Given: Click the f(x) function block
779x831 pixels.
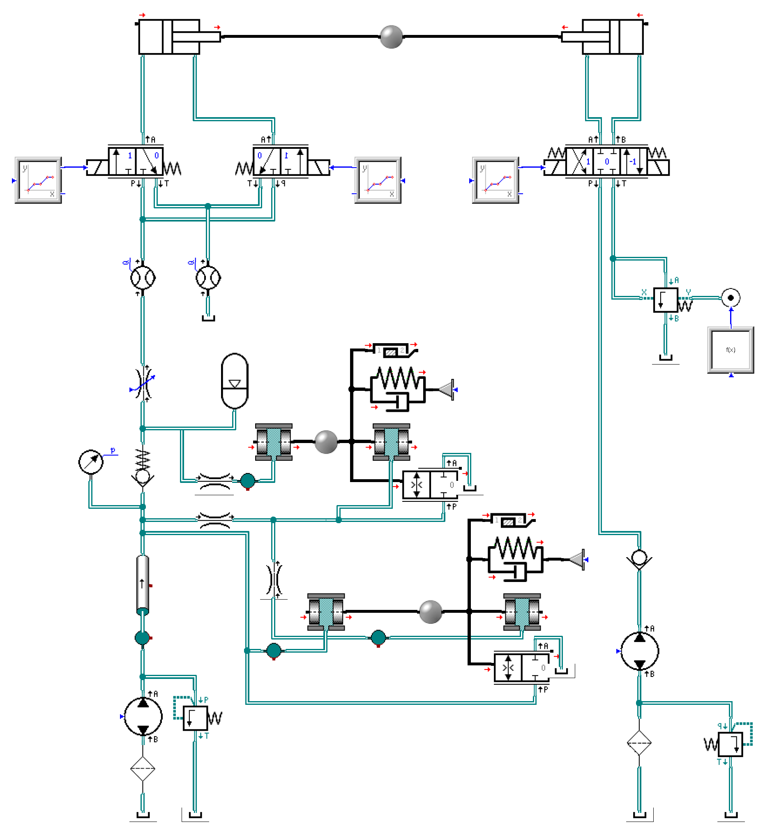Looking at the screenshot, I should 730,350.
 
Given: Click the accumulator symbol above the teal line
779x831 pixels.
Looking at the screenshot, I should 235,381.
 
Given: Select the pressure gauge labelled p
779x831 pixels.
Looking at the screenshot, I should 91,462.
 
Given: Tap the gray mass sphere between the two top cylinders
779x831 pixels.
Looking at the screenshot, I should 391,37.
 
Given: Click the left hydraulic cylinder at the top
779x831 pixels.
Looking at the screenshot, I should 169,37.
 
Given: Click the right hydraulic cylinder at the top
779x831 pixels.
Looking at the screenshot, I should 612,37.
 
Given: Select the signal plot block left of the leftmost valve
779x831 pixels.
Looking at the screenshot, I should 38,180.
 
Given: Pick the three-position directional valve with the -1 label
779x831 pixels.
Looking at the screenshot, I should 606,162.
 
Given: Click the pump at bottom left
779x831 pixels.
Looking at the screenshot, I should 143,716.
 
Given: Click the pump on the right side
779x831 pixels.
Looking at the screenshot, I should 639,651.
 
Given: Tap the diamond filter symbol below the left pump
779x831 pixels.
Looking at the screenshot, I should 143,768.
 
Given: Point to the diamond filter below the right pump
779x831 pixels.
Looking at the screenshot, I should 639,743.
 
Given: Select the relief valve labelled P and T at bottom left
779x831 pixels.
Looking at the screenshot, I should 195,718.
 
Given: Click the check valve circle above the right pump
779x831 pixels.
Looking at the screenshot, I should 639,558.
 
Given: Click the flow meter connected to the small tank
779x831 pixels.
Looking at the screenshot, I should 208,277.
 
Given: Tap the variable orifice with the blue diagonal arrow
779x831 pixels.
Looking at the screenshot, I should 143,383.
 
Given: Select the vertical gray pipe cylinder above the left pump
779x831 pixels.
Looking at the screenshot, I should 143,584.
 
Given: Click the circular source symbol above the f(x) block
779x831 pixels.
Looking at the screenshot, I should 730,298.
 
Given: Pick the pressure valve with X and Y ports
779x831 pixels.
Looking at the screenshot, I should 665,300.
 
